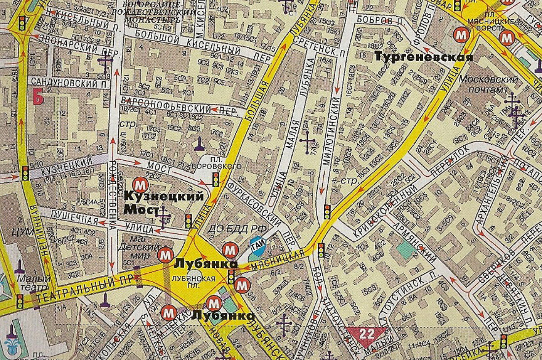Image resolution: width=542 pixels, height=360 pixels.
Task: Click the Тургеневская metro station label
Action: [x=424, y=57]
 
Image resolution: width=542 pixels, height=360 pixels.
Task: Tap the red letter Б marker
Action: [x=37, y=97]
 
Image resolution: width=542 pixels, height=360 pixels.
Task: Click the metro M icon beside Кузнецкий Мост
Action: [x=141, y=184]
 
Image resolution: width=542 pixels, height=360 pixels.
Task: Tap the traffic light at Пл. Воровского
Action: [x=215, y=180]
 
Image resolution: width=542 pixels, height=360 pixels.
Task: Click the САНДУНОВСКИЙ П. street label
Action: [x=69, y=81]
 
